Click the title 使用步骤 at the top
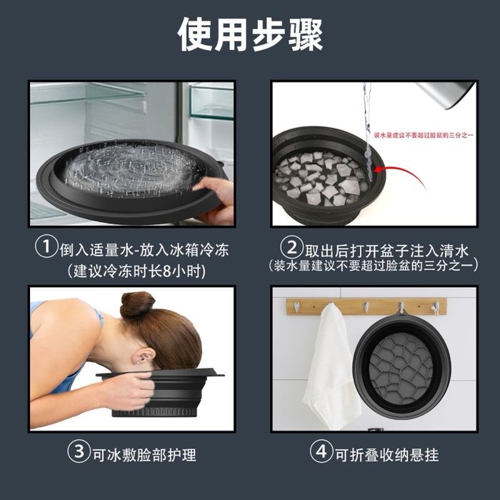[x=250, y=34]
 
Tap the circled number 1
[x=46, y=249]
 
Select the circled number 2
[x=292, y=249]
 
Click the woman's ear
[x=143, y=355]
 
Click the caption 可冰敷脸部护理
[x=144, y=453]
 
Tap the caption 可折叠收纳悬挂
[x=389, y=453]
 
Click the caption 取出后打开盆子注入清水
[x=386, y=249]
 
